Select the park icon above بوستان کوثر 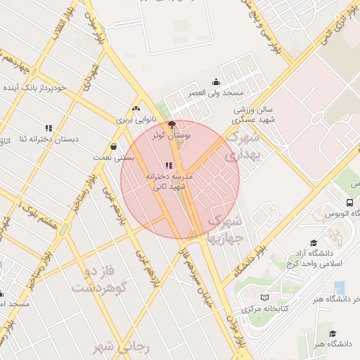point(172,124)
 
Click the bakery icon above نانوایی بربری point(136,108)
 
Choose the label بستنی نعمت point(112,158)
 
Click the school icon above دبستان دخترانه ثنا point(49,128)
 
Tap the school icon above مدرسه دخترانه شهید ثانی point(167,166)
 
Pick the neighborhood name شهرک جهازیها point(225,229)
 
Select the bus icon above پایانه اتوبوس point(349,201)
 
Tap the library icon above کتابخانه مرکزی point(264,298)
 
